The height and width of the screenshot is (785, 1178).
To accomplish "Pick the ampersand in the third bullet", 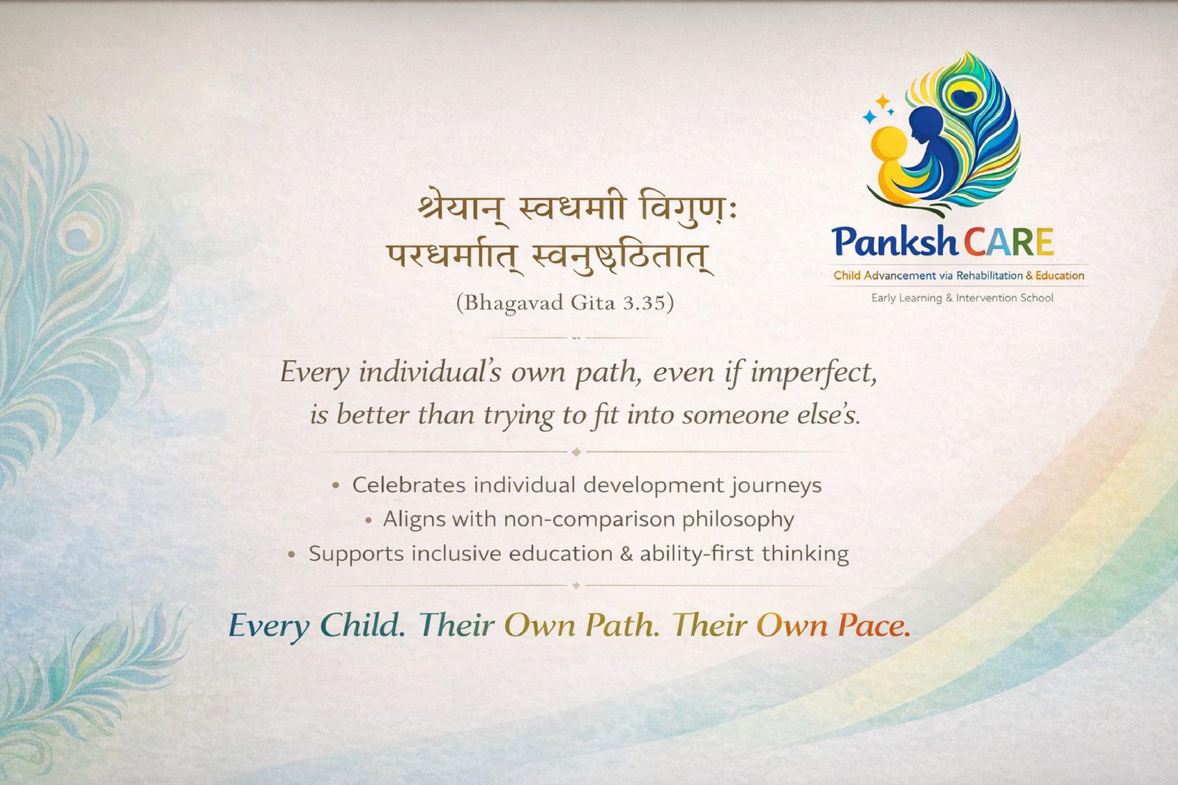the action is click(627, 554).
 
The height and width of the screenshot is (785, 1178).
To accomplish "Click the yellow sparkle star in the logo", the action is click(882, 102).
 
